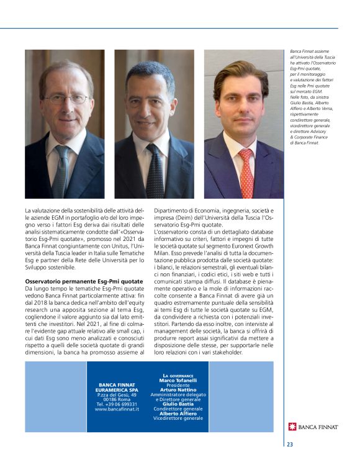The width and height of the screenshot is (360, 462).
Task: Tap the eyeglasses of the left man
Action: pos(65,99)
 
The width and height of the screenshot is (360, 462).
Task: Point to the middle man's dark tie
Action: pos(155,170)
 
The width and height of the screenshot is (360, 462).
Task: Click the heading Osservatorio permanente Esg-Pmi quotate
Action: pos(84,282)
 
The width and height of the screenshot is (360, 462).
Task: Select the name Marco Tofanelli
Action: pos(178,380)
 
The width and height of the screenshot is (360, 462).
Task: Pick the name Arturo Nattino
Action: pos(178,389)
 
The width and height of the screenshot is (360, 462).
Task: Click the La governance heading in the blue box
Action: pos(178,376)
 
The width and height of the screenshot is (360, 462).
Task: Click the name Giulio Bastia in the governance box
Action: pos(178,404)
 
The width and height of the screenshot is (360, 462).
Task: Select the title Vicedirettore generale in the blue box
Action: pos(178,418)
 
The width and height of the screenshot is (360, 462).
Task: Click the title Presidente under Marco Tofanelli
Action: pos(178,385)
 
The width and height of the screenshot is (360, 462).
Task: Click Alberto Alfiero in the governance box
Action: pos(178,413)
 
